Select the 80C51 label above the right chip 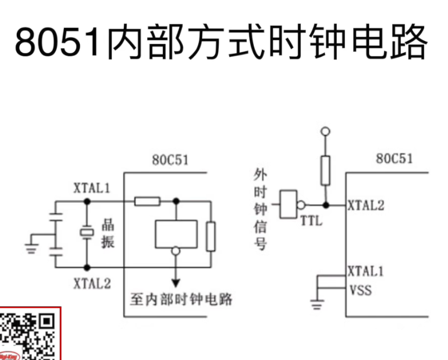[x=394, y=159]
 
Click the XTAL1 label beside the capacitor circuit [x=93, y=188]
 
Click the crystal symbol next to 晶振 [x=87, y=233]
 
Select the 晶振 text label [x=108, y=233]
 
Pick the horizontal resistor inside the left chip [x=147, y=201]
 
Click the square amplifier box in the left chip [x=176, y=234]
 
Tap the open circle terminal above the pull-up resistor [x=326, y=131]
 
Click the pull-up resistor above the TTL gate [x=326, y=170]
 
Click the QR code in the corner [x=29, y=335]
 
